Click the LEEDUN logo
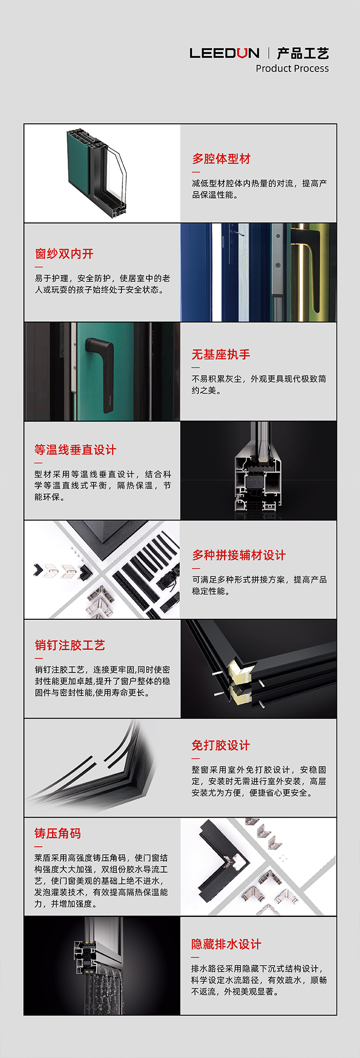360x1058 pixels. click(224, 53)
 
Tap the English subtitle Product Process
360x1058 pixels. click(292, 68)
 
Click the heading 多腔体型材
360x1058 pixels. click(221, 159)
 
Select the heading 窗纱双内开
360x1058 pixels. click(64, 254)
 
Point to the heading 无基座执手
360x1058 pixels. click(221, 355)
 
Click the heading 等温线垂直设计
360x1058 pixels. click(75, 450)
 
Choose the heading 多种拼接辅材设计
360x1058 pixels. click(239, 555)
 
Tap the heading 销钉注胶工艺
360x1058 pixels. click(70, 645)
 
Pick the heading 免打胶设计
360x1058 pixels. click(221, 745)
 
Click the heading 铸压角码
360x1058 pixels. click(58, 833)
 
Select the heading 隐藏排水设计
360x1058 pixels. click(227, 944)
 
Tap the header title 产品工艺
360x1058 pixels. click(303, 53)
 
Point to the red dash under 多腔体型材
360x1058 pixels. click(196, 172)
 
